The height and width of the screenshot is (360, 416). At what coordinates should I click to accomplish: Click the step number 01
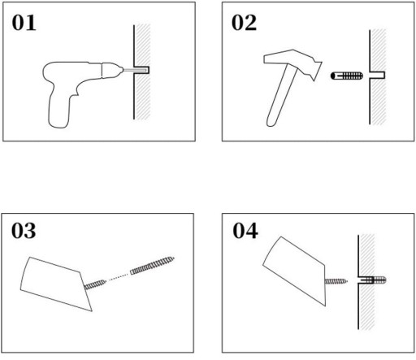(x=24, y=23)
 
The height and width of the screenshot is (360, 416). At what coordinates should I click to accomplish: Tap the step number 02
(x=244, y=23)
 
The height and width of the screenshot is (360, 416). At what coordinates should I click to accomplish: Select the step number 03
(x=24, y=231)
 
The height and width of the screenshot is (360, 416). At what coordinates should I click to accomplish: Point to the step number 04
(x=245, y=231)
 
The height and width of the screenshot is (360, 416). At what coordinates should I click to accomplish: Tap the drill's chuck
(x=111, y=71)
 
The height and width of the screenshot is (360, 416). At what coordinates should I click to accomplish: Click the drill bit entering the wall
(x=135, y=70)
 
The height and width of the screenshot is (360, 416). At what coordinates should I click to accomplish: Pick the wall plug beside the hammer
(x=347, y=76)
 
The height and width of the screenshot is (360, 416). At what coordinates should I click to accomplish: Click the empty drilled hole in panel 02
(x=377, y=75)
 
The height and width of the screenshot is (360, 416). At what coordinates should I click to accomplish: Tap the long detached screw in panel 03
(x=152, y=266)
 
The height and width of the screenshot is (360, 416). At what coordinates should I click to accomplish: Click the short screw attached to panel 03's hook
(x=95, y=284)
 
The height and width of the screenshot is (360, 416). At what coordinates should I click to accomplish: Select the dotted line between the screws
(x=118, y=277)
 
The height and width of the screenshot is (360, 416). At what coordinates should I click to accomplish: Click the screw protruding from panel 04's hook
(x=336, y=282)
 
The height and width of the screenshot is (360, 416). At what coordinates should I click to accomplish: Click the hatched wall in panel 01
(x=143, y=72)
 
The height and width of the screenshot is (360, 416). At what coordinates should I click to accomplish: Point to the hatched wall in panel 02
(x=378, y=76)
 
